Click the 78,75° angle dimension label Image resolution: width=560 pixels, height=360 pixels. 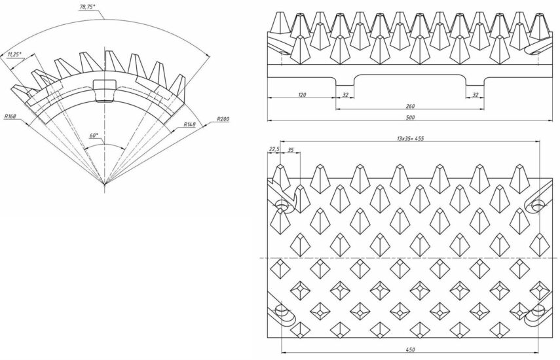point(88,6)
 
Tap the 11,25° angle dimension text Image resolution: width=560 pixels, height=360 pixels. point(14,54)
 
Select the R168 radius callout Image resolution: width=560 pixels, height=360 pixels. point(10,117)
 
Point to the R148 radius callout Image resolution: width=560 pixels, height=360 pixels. point(190,124)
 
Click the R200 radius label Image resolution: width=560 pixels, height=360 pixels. point(223,119)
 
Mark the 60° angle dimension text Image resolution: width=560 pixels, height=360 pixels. point(94,135)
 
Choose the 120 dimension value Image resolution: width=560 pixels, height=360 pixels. point(302,95)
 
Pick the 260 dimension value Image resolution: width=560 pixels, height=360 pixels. point(411,106)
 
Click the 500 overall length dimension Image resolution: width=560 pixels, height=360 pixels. point(411,117)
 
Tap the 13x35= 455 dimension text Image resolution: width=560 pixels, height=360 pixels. point(410,138)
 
